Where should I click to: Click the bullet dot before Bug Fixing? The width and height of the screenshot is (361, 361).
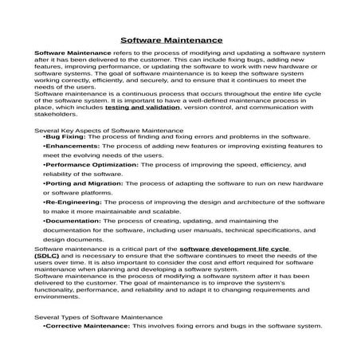44,137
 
